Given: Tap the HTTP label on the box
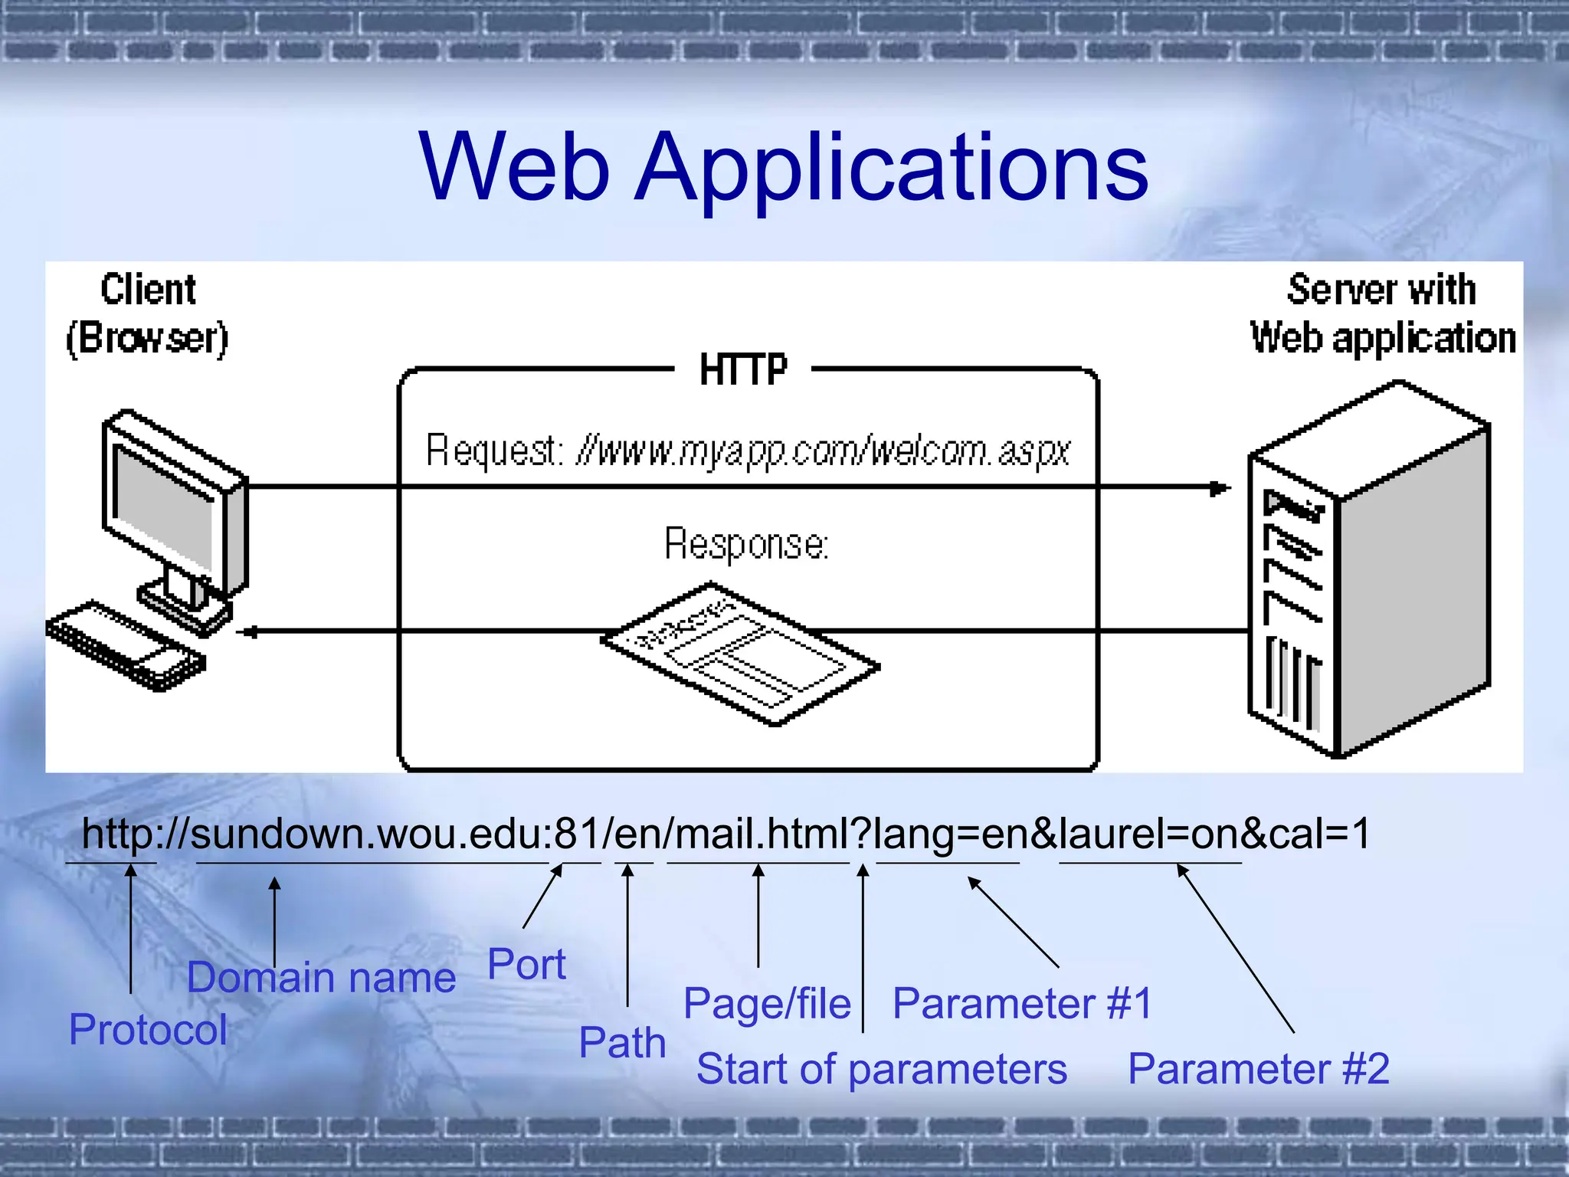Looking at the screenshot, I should click(x=742, y=370).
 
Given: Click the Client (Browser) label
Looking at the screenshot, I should click(x=147, y=314).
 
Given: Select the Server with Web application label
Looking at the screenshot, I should click(x=1382, y=314).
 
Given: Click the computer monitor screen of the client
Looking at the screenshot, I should click(x=162, y=506).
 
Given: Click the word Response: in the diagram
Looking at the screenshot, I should click(x=745, y=544).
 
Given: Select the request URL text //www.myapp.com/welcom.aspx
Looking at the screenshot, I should click(x=823, y=451).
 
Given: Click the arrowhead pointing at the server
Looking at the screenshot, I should click(x=1220, y=488).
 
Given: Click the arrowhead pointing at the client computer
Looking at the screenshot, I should click(x=247, y=632).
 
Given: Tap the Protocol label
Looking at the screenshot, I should click(x=148, y=1029).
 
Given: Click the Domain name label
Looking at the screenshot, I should click(x=321, y=978).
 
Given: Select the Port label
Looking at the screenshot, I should click(x=526, y=964).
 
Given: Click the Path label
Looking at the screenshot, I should click(x=622, y=1043).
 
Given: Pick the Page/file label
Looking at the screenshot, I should click(x=767, y=1003).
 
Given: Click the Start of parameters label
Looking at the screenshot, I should click(x=881, y=1069).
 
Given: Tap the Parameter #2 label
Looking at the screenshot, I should click(x=1258, y=1069).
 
